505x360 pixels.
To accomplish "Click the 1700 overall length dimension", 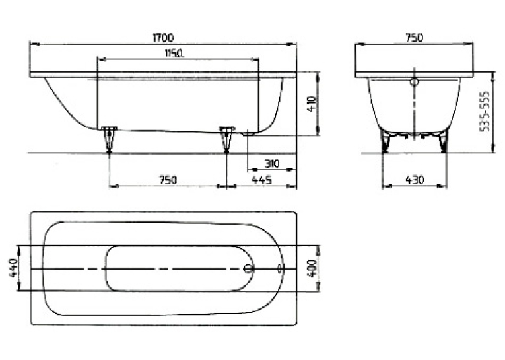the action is click(x=163, y=38).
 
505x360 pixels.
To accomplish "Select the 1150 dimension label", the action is click(x=174, y=53).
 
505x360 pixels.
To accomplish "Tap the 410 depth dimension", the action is click(x=312, y=104).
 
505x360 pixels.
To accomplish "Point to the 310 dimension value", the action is click(x=272, y=164).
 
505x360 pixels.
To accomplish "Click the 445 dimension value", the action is click(x=261, y=180).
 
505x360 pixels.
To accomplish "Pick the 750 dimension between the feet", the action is click(x=168, y=180).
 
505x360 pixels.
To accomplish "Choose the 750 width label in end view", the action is click(x=414, y=38).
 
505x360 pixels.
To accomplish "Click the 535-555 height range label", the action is click(x=485, y=112).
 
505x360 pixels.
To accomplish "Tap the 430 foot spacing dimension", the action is click(x=415, y=180).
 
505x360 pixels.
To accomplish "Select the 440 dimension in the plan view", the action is click(x=13, y=268).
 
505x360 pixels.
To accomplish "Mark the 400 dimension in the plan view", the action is click(x=312, y=268).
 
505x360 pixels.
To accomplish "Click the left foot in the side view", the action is click(x=109, y=139).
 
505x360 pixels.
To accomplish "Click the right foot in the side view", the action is click(x=227, y=139).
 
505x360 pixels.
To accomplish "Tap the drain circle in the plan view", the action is click(x=248, y=268).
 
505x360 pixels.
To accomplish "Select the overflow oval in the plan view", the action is click(x=279, y=268).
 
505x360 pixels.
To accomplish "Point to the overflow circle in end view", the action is click(x=414, y=82).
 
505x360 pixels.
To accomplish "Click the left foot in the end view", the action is click(x=386, y=141).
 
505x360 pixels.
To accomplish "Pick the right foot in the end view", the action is click(x=443, y=141).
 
